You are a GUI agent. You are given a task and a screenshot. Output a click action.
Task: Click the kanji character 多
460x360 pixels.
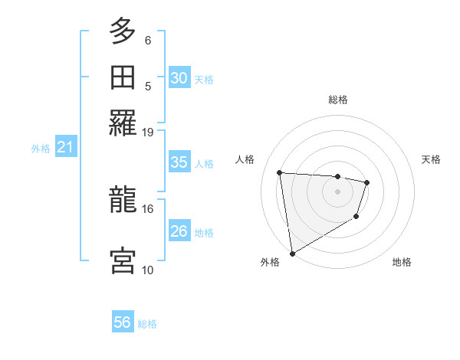tap(123, 32)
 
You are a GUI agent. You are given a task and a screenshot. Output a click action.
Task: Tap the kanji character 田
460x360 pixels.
tap(123, 77)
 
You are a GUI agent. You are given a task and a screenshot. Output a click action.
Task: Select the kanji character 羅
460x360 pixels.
tap(123, 123)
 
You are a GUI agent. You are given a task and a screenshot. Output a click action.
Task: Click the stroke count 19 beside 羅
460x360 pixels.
tap(148, 132)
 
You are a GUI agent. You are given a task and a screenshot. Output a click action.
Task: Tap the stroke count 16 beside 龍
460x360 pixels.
tap(148, 208)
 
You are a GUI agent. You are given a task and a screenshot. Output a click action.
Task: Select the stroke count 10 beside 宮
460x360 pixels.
tap(148, 270)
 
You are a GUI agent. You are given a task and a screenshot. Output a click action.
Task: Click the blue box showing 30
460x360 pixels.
tap(179, 78)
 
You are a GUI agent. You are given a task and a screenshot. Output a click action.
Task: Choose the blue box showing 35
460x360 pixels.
tap(179, 162)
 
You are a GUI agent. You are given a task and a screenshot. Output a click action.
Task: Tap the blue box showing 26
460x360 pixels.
tap(179, 231)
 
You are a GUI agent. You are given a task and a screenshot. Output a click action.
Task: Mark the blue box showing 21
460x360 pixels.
tap(65, 148)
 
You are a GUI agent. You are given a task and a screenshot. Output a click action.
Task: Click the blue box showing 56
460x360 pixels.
tap(123, 322)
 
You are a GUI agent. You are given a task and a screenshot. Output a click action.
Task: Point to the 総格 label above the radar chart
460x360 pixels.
tap(338, 100)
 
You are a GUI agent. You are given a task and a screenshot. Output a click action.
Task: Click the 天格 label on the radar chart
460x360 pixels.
tap(431, 159)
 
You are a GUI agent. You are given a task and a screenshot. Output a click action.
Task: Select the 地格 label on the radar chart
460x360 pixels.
tap(402, 262)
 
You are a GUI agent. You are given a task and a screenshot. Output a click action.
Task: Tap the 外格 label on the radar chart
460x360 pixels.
tap(269, 262)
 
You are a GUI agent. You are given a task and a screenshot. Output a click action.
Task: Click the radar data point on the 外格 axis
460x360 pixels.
tap(292, 253)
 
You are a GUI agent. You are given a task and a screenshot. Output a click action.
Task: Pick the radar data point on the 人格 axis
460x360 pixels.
tap(280, 172)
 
